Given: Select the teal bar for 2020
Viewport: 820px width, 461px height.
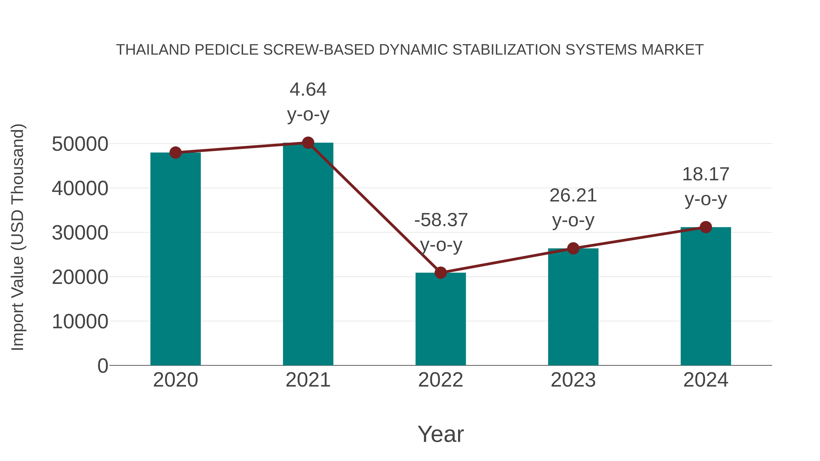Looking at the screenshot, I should pos(175,259).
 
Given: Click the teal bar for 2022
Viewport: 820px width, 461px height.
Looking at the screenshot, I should pos(441,319).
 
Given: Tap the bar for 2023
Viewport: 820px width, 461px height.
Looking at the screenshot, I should pos(573,307).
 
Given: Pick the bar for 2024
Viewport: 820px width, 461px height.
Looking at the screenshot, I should pos(706,296).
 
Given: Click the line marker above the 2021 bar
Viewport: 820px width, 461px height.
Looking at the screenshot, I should pos(308,143).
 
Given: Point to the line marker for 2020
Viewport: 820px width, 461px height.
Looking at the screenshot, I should pos(175,153).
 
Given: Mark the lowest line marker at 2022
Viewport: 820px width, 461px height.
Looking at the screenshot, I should pos(441,273).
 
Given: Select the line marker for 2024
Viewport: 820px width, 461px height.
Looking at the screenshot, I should pos(706,227).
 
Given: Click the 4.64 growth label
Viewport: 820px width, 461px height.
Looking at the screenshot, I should pos(308,90).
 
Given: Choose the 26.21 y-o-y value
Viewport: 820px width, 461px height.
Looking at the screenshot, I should pos(573,195).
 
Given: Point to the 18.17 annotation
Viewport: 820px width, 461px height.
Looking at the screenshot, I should pos(706,174).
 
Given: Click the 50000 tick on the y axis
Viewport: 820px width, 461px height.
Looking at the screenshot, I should pos(80,144).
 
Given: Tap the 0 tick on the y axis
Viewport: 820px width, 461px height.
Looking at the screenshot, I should pos(102,366).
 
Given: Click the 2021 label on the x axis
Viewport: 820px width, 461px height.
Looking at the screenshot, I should pos(308,380).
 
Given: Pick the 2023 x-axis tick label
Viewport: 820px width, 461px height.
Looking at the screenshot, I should pos(573,380).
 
